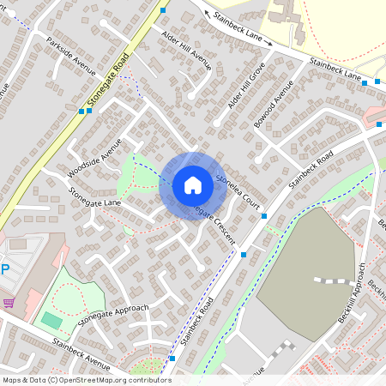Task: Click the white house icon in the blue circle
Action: click(193, 185)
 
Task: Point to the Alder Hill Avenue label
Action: click(186, 48)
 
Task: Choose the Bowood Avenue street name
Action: click(274, 104)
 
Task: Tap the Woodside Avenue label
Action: click(94, 166)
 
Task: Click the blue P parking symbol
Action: click(4, 268)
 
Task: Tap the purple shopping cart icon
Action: click(8, 302)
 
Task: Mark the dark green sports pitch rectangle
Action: click(51, 321)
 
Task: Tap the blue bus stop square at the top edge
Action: click(163, 10)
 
